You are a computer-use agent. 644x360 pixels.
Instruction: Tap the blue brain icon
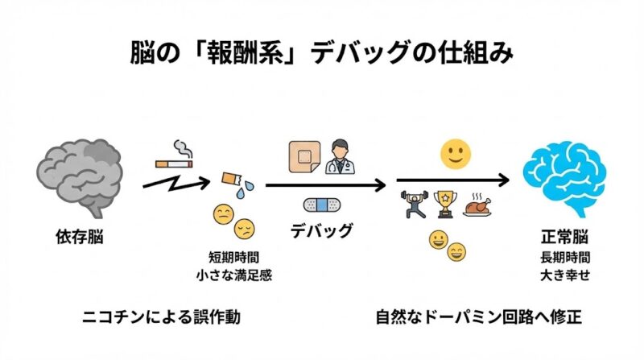[x=564, y=180]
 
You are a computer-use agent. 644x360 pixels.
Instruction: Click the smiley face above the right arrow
[x=455, y=152]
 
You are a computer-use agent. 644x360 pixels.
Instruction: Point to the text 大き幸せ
[x=564, y=275]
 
